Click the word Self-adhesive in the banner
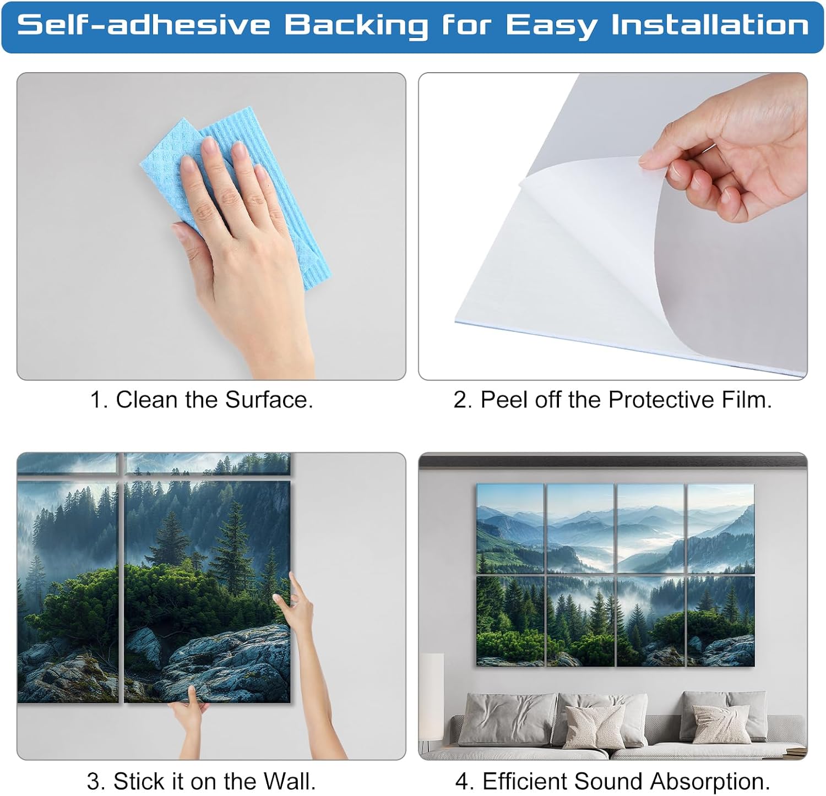pyautogui.click(x=144, y=25)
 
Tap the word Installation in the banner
pyautogui.click(x=710, y=25)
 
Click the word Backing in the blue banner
pyautogui.click(x=356, y=26)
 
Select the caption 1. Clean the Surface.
pyautogui.click(x=202, y=400)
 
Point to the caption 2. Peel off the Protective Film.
pyautogui.click(x=613, y=400)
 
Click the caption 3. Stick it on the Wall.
pyautogui.click(x=202, y=781)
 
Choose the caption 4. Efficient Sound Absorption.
pyautogui.click(x=613, y=781)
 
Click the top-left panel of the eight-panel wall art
pyautogui.click(x=510, y=529)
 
